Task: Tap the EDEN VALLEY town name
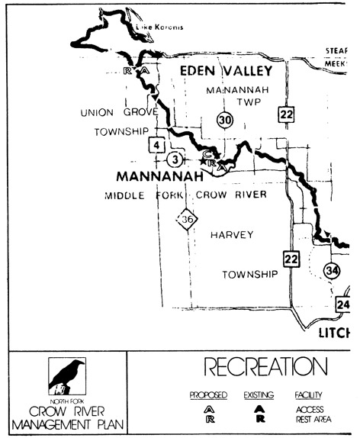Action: coord(225,71)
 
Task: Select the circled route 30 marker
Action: coord(223,119)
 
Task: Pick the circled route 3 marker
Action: coord(176,159)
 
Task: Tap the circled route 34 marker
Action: coord(331,270)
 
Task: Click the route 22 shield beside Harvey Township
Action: coord(290,259)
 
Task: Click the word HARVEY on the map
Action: coord(231,235)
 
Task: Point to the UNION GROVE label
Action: coord(118,112)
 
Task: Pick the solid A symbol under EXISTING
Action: coord(259,408)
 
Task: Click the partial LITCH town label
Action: coord(333,333)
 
